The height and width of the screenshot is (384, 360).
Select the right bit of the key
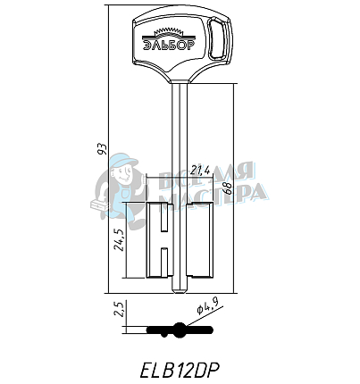point(201,239)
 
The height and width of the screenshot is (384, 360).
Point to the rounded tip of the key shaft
point(181,287)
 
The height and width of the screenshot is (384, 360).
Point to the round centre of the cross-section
point(181,330)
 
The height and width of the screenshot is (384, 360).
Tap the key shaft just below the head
point(181,89)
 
